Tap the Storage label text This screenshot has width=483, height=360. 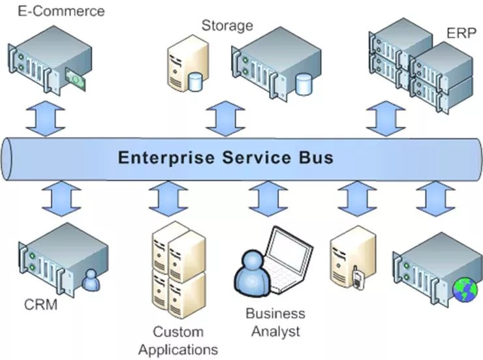[x=226, y=26]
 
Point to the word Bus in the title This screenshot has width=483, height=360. [x=317, y=157]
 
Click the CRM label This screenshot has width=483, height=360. [x=40, y=305]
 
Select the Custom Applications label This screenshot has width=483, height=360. [x=178, y=340]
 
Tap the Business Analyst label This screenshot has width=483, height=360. [x=275, y=322]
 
